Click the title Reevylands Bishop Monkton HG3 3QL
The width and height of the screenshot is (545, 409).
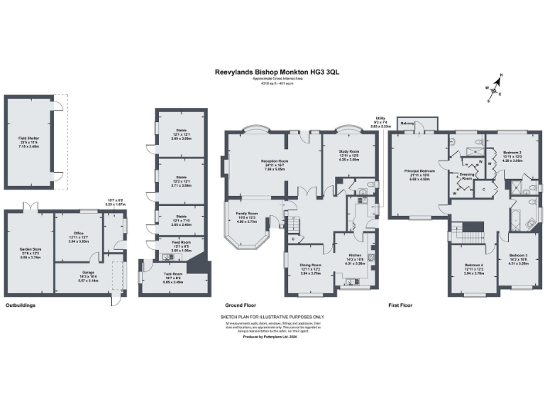tap(272, 72)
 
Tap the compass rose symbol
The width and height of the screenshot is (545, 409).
tap(495, 88)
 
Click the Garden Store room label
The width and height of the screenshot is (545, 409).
tap(29, 250)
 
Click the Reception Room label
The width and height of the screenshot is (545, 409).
tap(274, 164)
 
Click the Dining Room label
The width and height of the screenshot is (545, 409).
tap(309, 268)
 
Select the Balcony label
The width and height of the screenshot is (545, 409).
tap(407, 123)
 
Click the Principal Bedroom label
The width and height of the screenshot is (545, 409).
tap(419, 173)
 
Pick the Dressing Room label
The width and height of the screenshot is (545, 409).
tap(467, 176)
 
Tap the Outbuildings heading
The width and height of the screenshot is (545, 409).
tap(21, 305)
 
